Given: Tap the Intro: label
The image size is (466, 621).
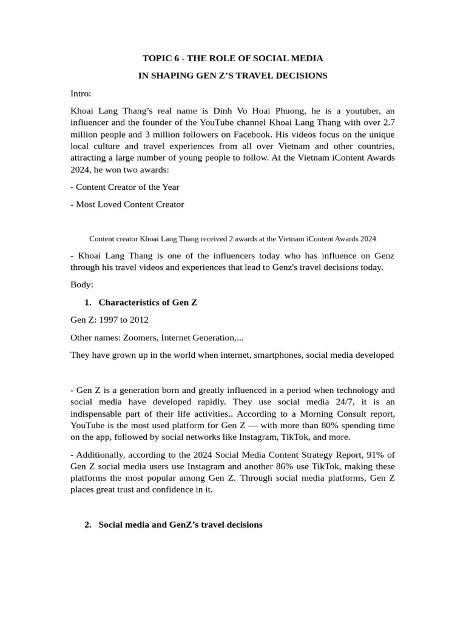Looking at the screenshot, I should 81,93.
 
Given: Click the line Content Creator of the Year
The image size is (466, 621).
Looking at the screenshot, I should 127,187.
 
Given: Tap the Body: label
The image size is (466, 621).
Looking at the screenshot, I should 82,284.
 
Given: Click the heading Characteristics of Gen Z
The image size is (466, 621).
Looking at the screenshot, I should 147,302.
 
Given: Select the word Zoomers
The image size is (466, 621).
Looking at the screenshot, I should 138,337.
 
